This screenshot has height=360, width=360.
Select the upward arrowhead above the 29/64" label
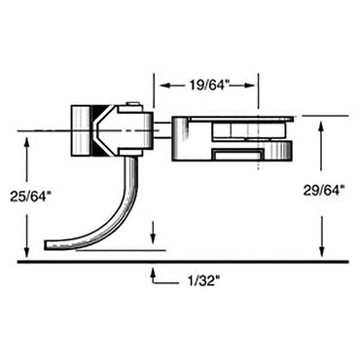tap(322, 122)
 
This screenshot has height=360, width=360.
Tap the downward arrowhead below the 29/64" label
tap(322, 254)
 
